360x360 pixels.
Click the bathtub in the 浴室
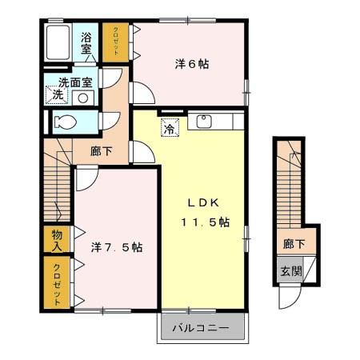(x=58, y=42)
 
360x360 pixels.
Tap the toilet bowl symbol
(x=66, y=122)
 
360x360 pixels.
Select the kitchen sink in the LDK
(x=204, y=121)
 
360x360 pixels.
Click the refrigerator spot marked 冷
(x=170, y=128)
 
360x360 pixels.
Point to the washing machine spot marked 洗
(x=57, y=94)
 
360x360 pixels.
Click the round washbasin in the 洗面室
(x=83, y=98)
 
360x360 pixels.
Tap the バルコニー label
(x=201, y=327)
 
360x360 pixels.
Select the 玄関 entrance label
(x=291, y=271)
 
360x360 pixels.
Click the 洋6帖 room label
(x=192, y=64)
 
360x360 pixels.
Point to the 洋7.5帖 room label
(x=117, y=247)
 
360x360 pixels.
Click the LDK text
(x=203, y=203)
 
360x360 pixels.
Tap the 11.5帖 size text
(x=206, y=222)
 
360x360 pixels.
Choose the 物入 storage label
(x=57, y=240)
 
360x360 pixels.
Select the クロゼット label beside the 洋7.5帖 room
(x=57, y=285)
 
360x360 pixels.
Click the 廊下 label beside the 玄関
(x=294, y=244)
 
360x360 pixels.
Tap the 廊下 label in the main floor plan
(x=101, y=151)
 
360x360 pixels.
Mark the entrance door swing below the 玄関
(x=290, y=296)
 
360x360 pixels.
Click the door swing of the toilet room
(x=110, y=121)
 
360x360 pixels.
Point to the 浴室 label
(x=86, y=42)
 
